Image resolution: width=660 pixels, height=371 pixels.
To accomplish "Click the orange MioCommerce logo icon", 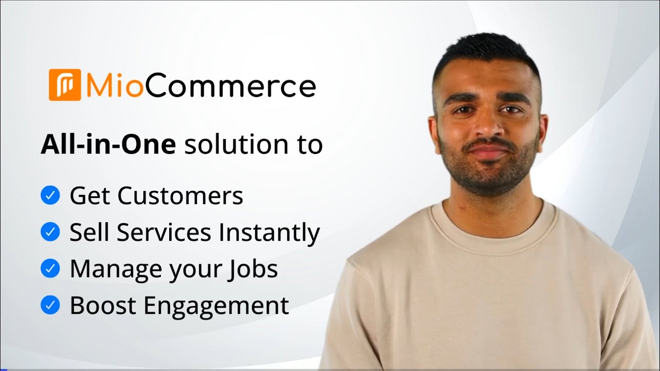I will (65, 85).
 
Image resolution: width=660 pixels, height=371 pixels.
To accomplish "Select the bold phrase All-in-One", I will (108, 145).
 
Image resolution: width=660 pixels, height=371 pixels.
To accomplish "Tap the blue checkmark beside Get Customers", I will (50, 196).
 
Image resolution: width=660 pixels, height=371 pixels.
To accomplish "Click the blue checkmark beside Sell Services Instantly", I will (50, 232).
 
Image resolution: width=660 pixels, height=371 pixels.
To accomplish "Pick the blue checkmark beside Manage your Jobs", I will (50, 268).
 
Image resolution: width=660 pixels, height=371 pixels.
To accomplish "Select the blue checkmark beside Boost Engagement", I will (50, 306).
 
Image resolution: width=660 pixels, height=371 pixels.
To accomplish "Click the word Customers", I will (180, 196).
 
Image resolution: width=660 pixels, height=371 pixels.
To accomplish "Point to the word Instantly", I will (269, 233).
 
